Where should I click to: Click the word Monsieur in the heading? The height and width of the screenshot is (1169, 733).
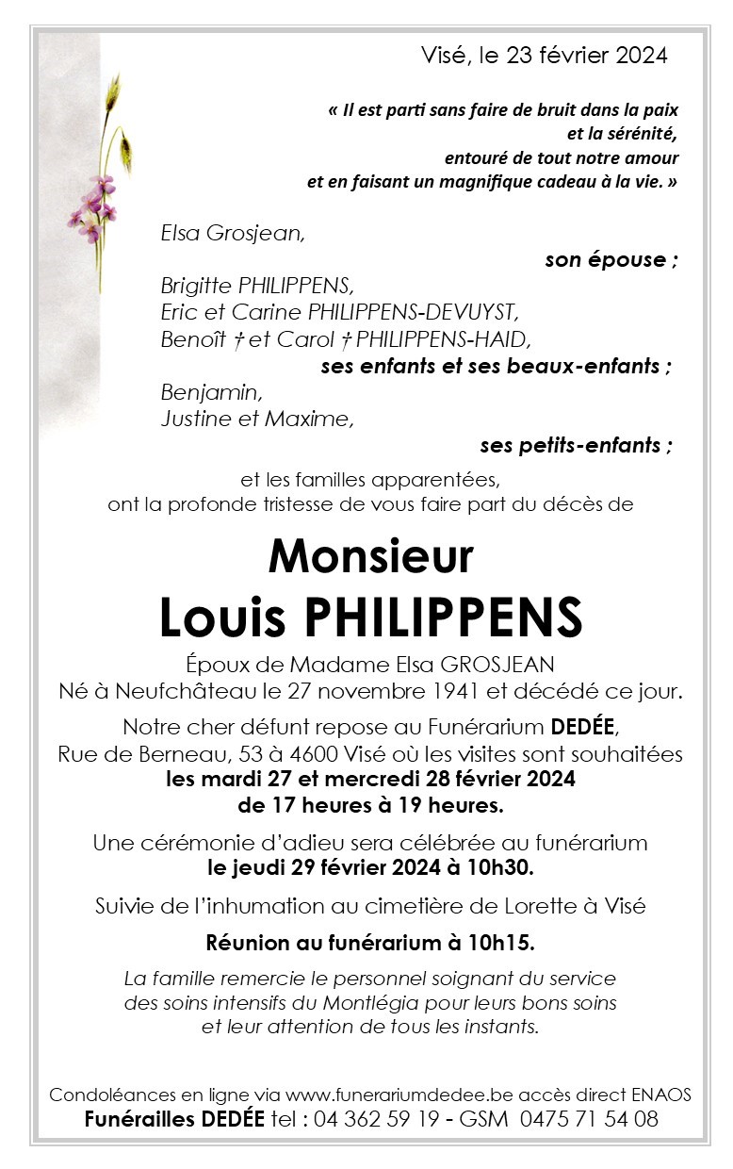(370, 557)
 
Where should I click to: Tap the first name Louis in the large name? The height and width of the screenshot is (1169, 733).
(221, 617)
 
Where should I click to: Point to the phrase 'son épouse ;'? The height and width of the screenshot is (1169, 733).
(611, 260)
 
